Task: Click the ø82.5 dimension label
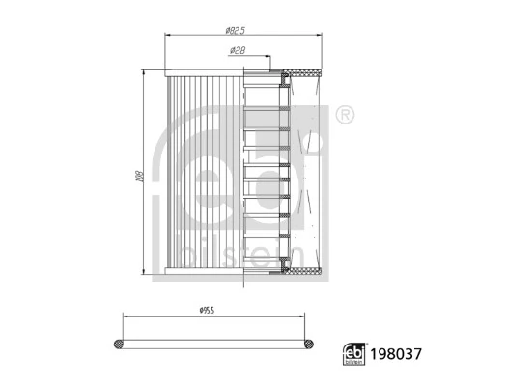click(x=236, y=30)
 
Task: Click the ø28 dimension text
click(x=238, y=50)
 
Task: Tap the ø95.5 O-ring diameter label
click(x=207, y=311)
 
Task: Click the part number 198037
click(x=396, y=354)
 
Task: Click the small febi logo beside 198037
click(x=354, y=354)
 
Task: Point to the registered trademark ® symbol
click(x=345, y=114)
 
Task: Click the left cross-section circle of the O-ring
click(x=119, y=344)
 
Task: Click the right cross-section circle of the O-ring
click(x=309, y=344)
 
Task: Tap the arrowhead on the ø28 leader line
click(x=268, y=56)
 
